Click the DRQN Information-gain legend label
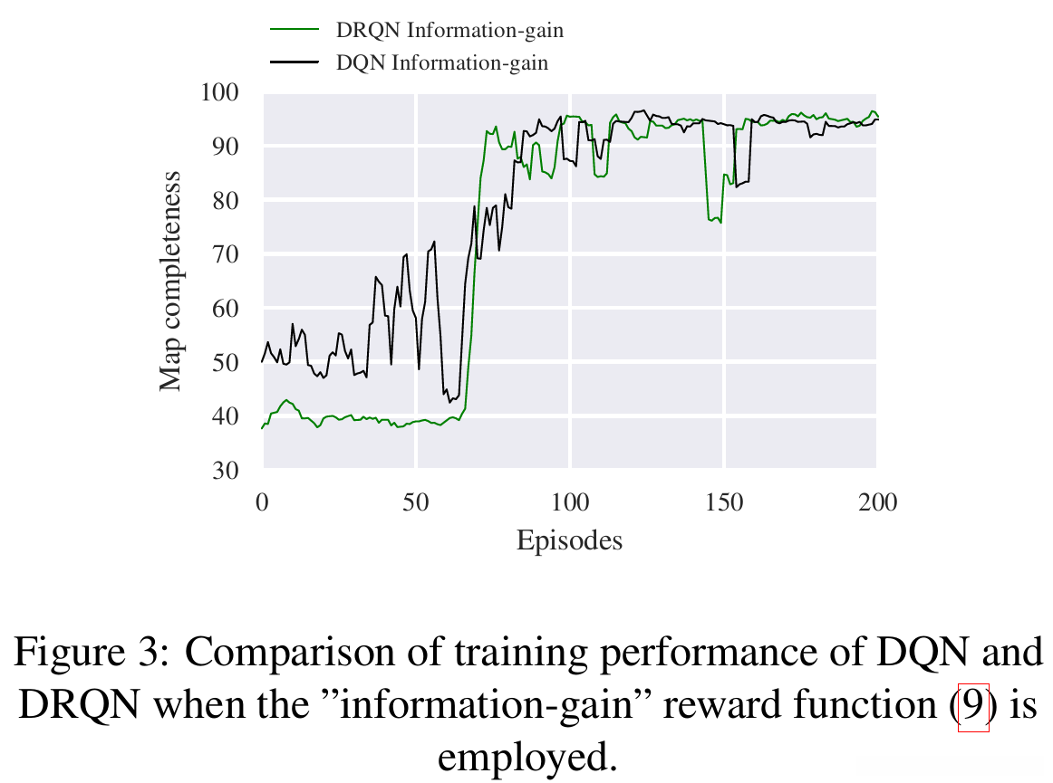tap(449, 30)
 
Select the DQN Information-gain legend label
tap(441, 62)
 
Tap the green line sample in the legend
tap(295, 30)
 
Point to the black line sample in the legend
tap(295, 62)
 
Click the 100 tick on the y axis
tap(219, 92)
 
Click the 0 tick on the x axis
tap(262, 501)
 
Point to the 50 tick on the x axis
tap(415, 501)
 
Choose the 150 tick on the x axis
tap(723, 501)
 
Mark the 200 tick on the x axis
tap(876, 501)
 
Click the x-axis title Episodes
tap(569, 541)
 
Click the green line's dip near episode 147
tap(714, 219)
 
